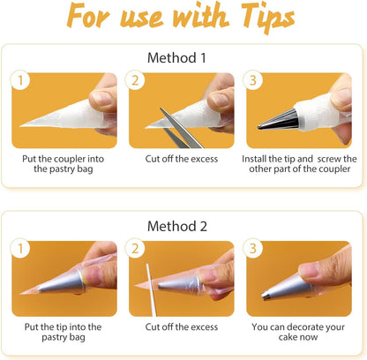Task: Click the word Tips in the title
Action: tap(267, 18)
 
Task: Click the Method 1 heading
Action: tap(176, 57)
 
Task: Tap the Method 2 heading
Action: tap(177, 226)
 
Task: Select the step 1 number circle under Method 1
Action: tap(20, 80)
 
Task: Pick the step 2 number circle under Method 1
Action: tap(135, 80)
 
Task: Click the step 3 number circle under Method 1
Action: tap(252, 80)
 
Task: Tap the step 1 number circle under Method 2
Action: tap(20, 249)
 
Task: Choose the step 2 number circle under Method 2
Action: tap(135, 249)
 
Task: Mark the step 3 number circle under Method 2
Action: tap(252, 249)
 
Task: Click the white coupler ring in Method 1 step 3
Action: tap(311, 112)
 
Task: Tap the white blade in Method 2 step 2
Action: tap(151, 289)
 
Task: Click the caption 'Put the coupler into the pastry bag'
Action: tap(64, 164)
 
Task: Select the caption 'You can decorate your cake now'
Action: tap(298, 332)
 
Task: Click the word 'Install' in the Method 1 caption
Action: tap(254, 159)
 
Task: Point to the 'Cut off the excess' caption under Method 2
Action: tap(182, 326)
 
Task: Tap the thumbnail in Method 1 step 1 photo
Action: tap(101, 98)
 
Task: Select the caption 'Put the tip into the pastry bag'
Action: tap(64, 332)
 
